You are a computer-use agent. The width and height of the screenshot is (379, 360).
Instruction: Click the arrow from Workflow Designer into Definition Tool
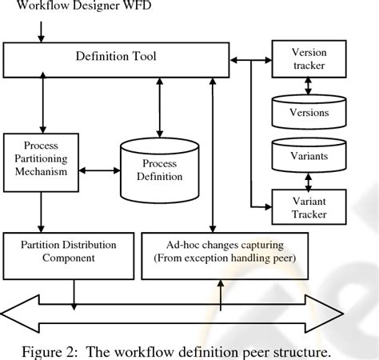[40, 30]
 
